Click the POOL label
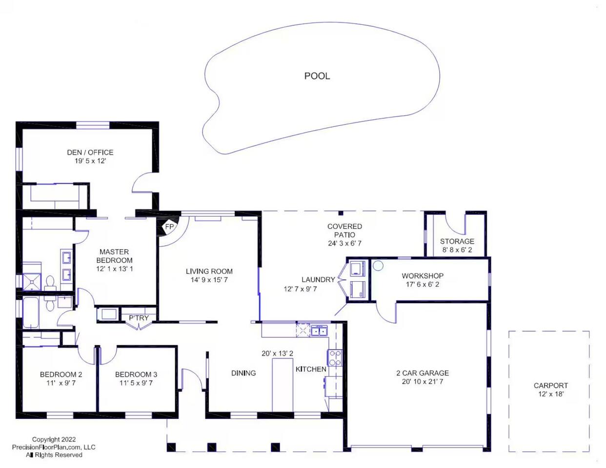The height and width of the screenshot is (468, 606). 317,76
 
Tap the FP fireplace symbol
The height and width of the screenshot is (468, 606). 168,227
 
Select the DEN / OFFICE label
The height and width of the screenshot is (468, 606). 90,153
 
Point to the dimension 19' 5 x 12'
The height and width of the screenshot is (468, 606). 90,161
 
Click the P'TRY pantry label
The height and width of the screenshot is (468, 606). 139,318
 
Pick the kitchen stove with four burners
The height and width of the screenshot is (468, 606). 335,358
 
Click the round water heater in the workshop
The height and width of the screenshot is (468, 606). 378,266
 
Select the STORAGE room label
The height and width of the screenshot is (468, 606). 457,241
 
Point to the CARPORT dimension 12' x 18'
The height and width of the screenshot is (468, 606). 551,394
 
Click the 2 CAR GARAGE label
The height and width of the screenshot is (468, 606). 423,373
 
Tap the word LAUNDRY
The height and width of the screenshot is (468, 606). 318,279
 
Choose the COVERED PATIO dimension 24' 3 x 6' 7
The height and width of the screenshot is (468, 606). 344,243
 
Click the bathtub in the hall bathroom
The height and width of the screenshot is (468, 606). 30,312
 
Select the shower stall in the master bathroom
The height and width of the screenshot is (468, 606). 32,282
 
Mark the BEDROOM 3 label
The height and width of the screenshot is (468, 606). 136,374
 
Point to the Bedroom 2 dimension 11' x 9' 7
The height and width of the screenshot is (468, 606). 61,383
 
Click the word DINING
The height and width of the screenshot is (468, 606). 243,373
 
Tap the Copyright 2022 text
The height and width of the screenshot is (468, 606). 54,439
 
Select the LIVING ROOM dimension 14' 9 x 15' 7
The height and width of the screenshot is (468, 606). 209,280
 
